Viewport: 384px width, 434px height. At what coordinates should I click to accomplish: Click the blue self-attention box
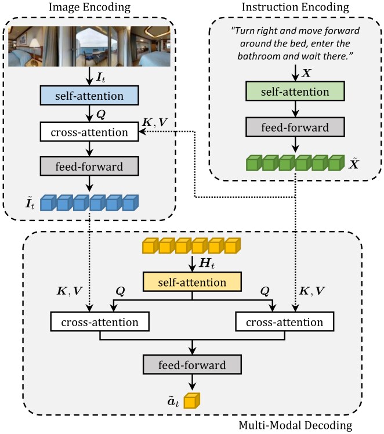coord(89,96)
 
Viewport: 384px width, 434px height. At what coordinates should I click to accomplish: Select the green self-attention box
coord(295,91)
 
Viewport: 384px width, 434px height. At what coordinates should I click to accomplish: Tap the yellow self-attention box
coord(192,282)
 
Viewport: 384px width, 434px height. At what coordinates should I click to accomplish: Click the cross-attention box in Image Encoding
coord(89,132)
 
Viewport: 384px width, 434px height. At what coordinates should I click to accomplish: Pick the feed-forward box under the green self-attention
coord(295,127)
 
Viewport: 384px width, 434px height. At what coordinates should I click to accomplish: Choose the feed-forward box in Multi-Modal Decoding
coord(192,364)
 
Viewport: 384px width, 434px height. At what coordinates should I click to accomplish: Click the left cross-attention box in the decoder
coord(100,321)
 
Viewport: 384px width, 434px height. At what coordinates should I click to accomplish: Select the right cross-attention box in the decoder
coord(285,321)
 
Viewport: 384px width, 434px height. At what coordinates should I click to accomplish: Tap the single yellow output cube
coord(192,400)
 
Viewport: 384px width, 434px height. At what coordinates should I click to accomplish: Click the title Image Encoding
coord(90,7)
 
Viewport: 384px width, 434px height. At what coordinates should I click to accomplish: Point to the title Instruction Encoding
coord(295,7)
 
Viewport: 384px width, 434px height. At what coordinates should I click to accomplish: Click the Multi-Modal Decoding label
coord(295,425)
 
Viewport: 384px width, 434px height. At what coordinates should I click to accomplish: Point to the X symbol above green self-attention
coord(306,73)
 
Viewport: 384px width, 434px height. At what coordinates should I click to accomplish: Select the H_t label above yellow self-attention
coord(207,263)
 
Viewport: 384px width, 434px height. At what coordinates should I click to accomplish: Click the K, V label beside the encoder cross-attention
coord(155,122)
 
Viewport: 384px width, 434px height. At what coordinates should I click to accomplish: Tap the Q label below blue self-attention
coord(101,114)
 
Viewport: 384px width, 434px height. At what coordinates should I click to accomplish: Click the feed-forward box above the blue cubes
coord(89,166)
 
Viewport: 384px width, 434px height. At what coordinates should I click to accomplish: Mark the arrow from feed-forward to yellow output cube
coord(192,382)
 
